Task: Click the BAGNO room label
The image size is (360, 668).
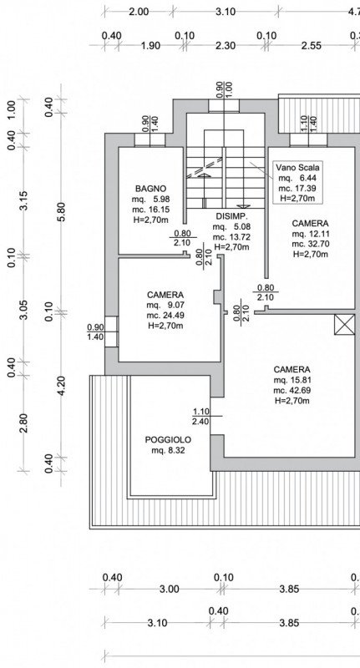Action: coord(150,188)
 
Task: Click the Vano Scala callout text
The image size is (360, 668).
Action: coord(298,167)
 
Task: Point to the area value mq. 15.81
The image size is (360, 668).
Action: coord(291,380)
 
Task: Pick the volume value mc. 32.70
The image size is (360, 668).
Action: coord(309,245)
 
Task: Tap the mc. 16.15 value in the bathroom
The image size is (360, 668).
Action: coord(150,211)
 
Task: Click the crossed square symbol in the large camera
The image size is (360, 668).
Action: coord(342,326)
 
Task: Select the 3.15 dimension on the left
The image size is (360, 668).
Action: coord(23,202)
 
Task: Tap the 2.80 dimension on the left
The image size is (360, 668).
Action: coord(23,423)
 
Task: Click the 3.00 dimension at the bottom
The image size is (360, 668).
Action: coord(169,589)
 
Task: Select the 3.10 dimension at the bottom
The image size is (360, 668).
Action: coord(156,623)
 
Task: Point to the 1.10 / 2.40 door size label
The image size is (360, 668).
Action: coord(200,416)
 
